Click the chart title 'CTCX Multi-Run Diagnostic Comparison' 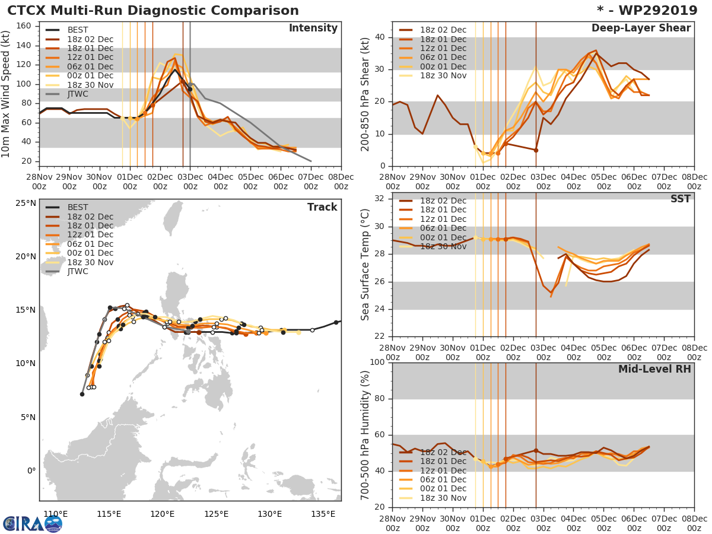(153, 11)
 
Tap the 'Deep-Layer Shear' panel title (641, 28)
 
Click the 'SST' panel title (680, 199)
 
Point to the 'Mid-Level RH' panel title (654, 370)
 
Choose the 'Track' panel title (322, 207)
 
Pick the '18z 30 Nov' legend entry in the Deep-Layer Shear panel (443, 75)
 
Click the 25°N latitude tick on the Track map (26, 204)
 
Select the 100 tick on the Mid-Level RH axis (376, 363)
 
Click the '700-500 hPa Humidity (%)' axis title (365, 435)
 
